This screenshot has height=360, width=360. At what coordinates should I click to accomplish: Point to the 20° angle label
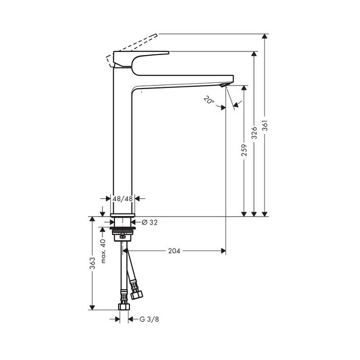click(x=208, y=100)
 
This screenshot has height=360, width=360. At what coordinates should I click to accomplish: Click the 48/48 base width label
click(x=122, y=198)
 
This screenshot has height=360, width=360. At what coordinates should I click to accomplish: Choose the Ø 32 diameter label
click(x=149, y=222)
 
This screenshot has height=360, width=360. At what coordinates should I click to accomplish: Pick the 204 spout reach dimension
click(x=174, y=250)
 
